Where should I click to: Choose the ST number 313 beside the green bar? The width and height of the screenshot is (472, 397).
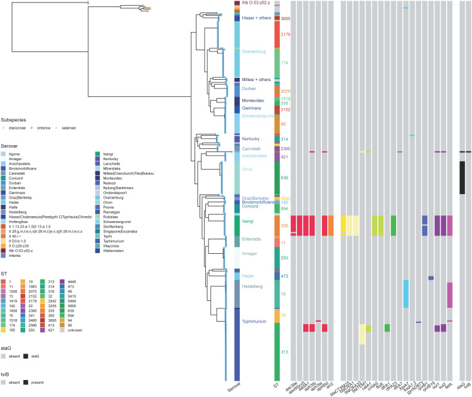(x=285, y=352)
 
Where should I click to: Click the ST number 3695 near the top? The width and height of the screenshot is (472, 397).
(x=286, y=19)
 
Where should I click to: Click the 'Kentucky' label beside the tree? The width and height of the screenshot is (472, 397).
(x=251, y=138)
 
